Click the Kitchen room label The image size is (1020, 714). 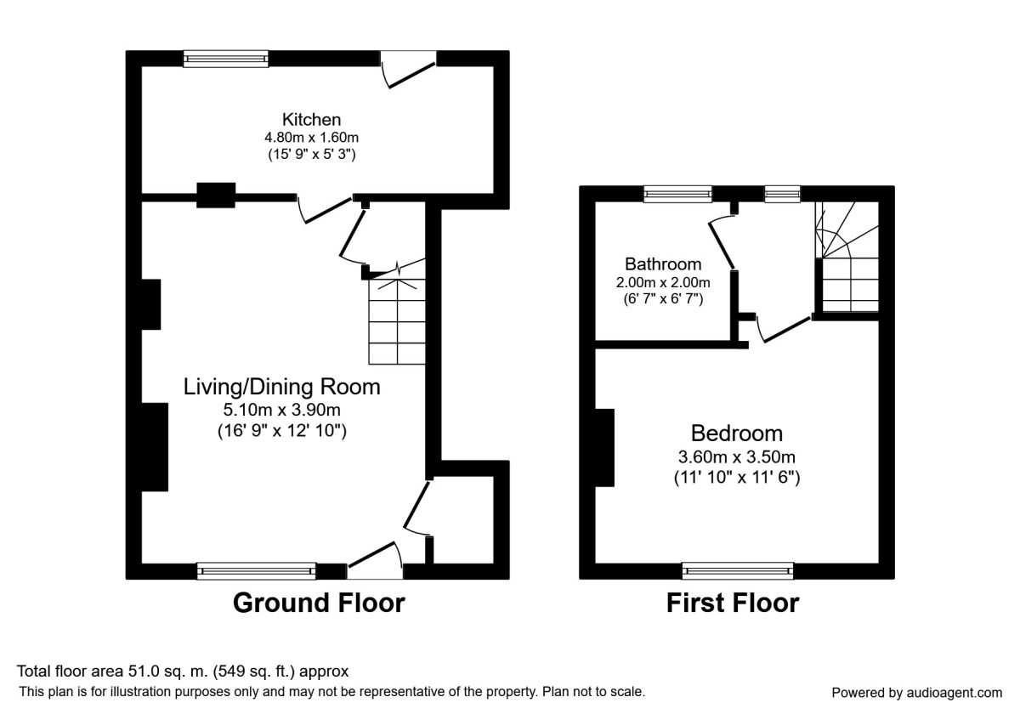(311, 119)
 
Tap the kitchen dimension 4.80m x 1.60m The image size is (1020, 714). (311, 137)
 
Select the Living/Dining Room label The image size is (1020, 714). (282, 387)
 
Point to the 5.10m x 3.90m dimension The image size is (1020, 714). (282, 410)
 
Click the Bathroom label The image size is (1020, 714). (663, 264)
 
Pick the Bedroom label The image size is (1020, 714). (737, 433)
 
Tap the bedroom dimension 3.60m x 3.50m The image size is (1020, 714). (737, 456)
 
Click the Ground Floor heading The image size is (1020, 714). (319, 603)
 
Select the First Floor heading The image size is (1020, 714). (733, 603)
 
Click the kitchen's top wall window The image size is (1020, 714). (226, 59)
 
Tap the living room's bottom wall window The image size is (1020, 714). (257, 571)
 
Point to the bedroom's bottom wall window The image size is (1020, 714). (738, 571)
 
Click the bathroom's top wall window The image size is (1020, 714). (677, 194)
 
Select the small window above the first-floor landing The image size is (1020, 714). (782, 194)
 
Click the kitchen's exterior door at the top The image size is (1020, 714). (409, 69)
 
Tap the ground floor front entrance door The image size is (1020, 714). (375, 560)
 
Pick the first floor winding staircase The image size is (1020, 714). (847, 258)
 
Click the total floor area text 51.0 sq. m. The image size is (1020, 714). (183, 671)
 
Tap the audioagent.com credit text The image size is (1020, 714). (916, 693)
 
